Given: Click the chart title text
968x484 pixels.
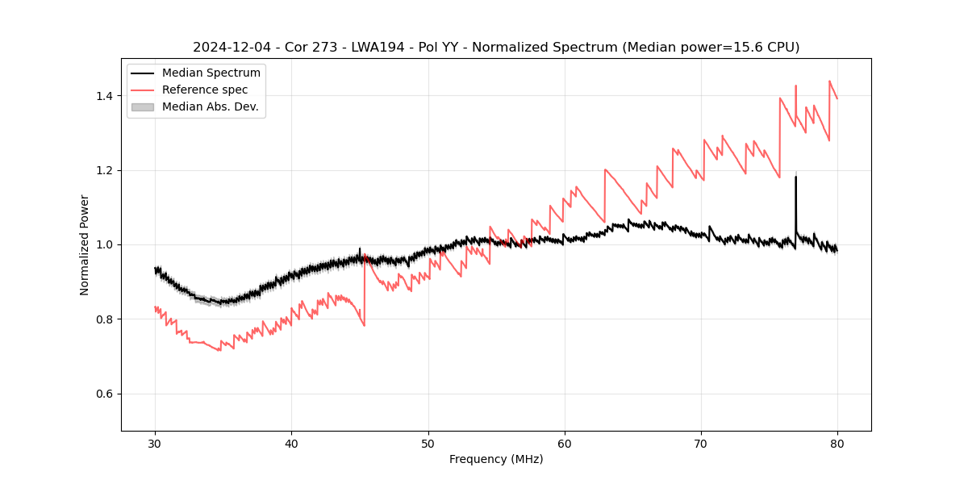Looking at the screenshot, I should (496, 48).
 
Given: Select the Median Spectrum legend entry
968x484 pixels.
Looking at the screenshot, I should (211, 73).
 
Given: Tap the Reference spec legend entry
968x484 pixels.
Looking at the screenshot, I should (205, 90).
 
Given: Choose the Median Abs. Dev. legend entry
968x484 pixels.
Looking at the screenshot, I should (210, 106).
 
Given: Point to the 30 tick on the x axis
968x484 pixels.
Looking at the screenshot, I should (156, 444).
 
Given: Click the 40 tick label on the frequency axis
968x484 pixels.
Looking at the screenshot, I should (292, 444).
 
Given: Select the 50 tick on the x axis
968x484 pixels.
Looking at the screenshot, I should (428, 444).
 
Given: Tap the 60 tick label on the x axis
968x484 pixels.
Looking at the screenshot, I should (565, 444).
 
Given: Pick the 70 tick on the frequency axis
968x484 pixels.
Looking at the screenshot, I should (701, 444).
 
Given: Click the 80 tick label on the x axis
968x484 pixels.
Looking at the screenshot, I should (837, 444).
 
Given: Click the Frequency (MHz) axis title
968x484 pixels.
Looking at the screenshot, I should (496, 459).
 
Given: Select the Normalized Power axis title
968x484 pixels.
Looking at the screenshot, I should (85, 244).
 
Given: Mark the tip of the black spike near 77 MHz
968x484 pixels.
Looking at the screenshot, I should (795, 177).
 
